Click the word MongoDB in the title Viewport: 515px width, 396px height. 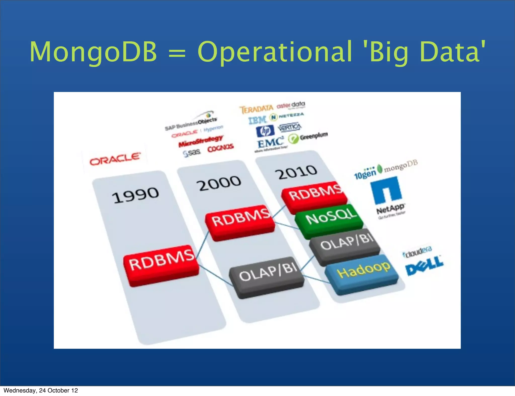[93, 52]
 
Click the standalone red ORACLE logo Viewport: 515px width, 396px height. [115, 159]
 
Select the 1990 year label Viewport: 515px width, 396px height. [135, 195]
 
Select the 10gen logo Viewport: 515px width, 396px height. [365, 173]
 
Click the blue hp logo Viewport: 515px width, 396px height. [265, 131]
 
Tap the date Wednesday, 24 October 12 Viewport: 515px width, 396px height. [41, 390]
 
